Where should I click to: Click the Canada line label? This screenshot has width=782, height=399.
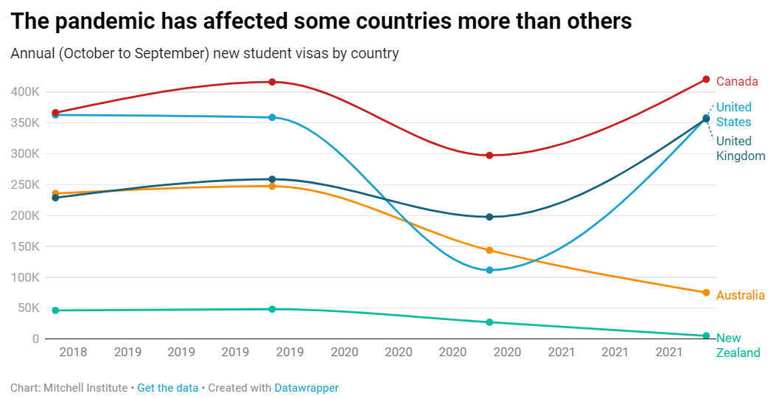coord(737,81)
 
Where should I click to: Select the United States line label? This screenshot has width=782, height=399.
coord(733,115)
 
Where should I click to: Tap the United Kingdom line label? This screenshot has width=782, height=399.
coord(740,148)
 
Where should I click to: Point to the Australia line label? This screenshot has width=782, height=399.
coord(740,295)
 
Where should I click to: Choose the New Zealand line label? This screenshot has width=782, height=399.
coord(738,345)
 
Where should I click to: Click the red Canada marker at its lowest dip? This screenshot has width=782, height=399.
coord(489,156)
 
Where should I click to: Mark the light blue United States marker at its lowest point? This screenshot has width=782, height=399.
coord(489,270)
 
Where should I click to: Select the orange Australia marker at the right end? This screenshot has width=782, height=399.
coord(706,293)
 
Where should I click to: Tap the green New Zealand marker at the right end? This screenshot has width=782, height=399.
coord(706,336)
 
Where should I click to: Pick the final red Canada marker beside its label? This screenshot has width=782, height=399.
coord(706,80)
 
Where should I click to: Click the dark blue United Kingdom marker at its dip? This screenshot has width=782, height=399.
coord(489,217)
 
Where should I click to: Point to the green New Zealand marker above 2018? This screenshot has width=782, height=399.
coord(55,310)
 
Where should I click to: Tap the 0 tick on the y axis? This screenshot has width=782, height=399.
coord(35,339)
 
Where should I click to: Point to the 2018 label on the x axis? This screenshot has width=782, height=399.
coord(73,353)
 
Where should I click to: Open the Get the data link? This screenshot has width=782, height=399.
coord(167,387)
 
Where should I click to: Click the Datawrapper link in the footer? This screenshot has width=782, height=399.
coord(306,387)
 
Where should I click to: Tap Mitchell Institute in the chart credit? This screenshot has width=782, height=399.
coord(85,387)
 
